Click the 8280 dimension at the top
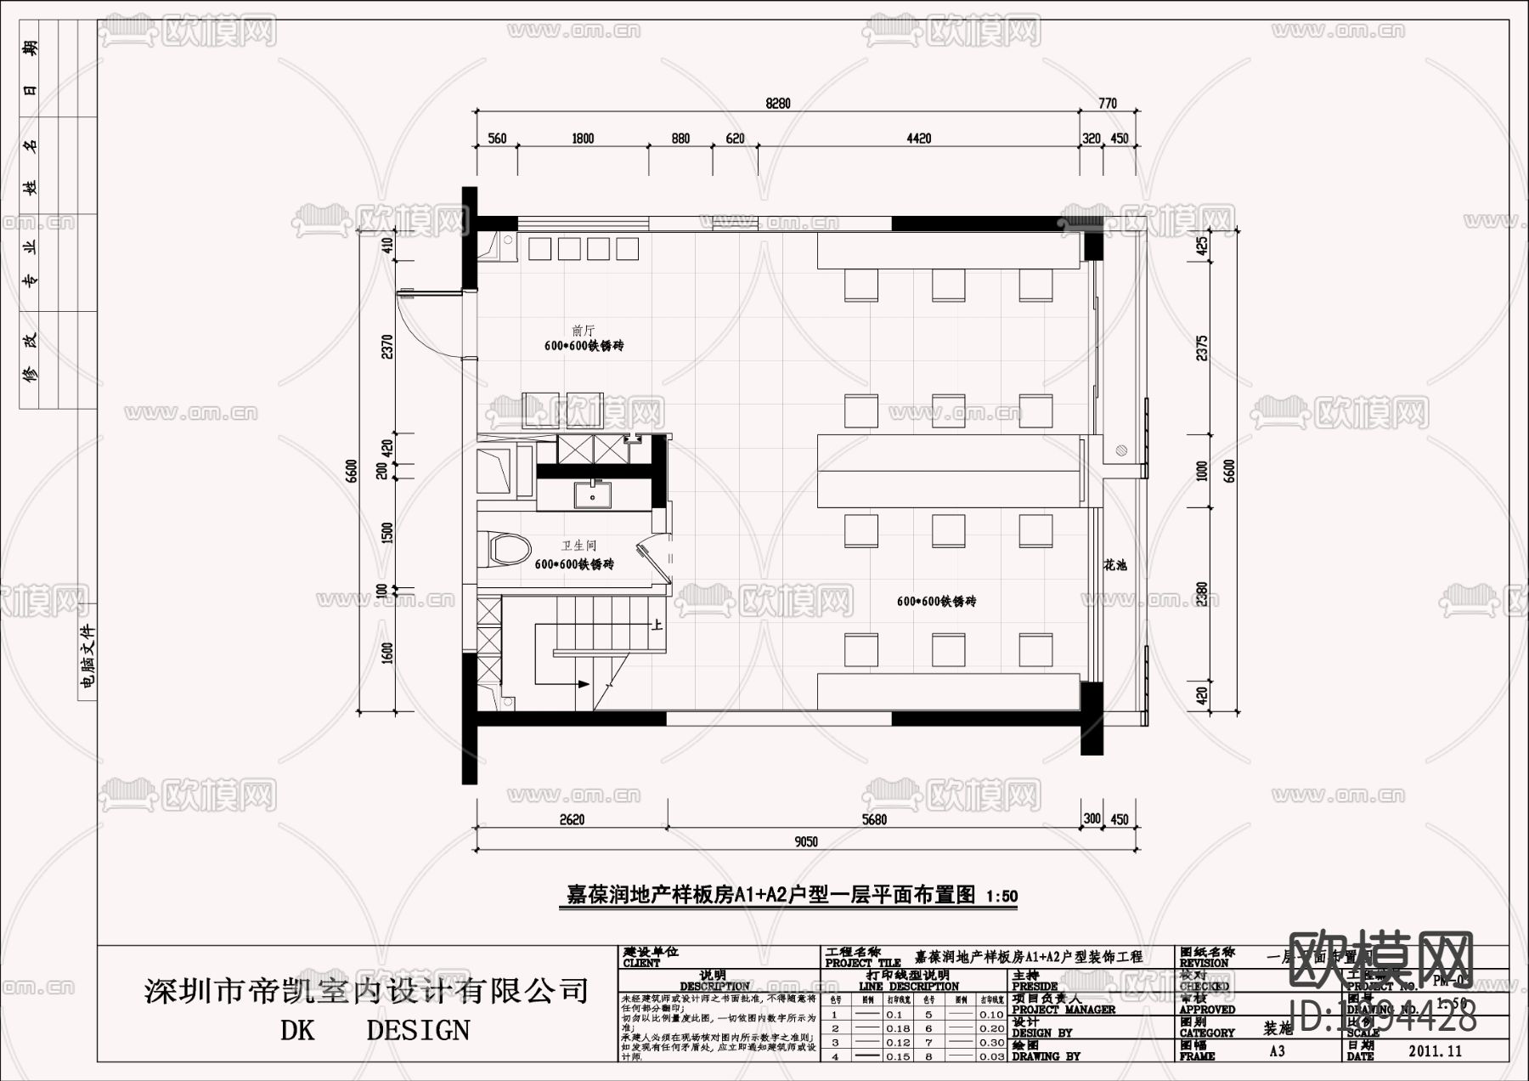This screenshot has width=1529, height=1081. click(x=777, y=104)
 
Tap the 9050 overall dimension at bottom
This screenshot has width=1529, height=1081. click(x=805, y=841)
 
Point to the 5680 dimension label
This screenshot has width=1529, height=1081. click(x=873, y=819)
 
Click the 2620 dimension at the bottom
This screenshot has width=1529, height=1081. click(x=573, y=819)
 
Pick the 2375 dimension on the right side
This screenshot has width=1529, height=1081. click(x=1202, y=348)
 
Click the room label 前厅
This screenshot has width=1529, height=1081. click(x=584, y=331)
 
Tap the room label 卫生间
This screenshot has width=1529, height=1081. click(x=578, y=546)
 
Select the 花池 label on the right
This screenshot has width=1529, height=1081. click(x=1115, y=564)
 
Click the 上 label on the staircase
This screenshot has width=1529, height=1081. click(x=657, y=625)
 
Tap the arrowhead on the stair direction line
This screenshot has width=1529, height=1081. click(x=584, y=683)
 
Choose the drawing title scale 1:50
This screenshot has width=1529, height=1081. click(x=1002, y=896)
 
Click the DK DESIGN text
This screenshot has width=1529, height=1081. click(x=375, y=1030)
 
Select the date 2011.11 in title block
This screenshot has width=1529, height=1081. click(x=1435, y=1051)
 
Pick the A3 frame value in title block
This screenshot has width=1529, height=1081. click(x=1277, y=1051)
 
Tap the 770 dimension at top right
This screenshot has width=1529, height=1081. click(x=1108, y=104)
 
